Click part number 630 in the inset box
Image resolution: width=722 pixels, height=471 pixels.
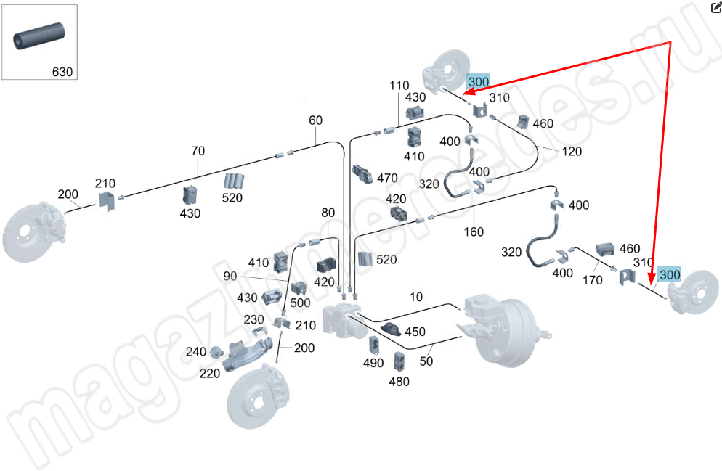point(62,72)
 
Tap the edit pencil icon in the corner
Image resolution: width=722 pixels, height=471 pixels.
point(715,7)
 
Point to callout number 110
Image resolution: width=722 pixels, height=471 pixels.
point(399,85)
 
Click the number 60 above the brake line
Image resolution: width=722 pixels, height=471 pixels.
point(315,120)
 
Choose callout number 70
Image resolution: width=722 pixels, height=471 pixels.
point(198,151)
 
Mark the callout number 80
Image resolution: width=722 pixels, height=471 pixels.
point(328,213)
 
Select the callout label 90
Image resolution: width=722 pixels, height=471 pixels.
point(230,276)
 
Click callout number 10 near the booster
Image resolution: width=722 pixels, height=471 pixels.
point(415,297)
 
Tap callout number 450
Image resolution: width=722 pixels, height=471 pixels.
point(415,332)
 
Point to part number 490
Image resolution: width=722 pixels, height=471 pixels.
point(373,363)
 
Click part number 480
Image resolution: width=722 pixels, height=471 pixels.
point(399,381)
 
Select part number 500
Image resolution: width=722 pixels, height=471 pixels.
point(300,303)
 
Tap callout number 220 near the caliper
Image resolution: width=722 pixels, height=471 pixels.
point(211,374)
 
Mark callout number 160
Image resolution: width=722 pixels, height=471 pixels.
point(474,232)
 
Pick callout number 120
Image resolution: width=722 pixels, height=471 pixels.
point(572,152)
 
